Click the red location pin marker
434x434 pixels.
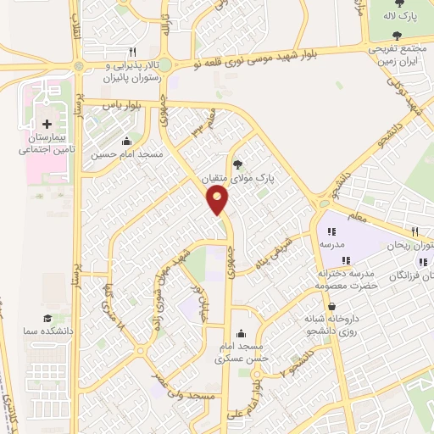pyautogui.click(x=218, y=201)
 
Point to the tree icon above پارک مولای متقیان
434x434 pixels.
pyautogui.click(x=237, y=165)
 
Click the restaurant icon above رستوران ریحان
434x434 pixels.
pyautogui.click(x=414, y=231)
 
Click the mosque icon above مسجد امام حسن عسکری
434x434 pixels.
pyautogui.click(x=244, y=332)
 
